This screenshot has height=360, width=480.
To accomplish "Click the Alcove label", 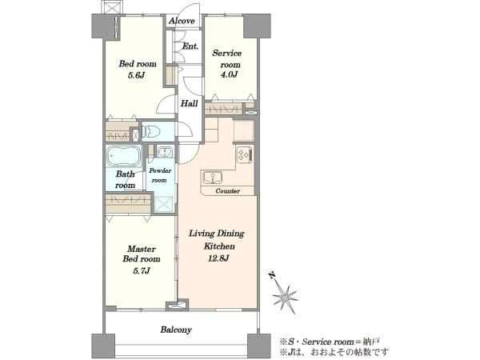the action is tap(182, 21).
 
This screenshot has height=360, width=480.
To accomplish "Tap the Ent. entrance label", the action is tap(190, 46).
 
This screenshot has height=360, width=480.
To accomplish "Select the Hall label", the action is tap(189, 103).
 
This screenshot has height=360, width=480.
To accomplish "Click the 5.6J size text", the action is tap(136, 75).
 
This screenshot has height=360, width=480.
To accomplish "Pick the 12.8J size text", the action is tap(218, 258).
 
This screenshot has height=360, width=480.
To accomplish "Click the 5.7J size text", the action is tap(141, 270).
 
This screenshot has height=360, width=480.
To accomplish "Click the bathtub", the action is tap(124, 156).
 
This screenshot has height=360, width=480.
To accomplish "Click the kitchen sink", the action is tap(213, 178).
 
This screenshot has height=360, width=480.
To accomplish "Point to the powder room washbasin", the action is tap(165, 151).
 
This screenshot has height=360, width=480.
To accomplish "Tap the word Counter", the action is tap(227, 191).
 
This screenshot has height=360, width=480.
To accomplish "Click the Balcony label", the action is tap(176, 330).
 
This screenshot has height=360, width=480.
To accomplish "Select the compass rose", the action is tap(285, 296).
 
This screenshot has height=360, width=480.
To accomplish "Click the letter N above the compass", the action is tap(271, 275).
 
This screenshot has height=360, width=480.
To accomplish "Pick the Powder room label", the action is tap(160, 175).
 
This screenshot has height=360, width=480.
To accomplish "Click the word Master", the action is tap(142, 249).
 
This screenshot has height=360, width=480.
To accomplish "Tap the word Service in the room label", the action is tap(227, 54).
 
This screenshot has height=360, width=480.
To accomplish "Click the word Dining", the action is tap(231, 234).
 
